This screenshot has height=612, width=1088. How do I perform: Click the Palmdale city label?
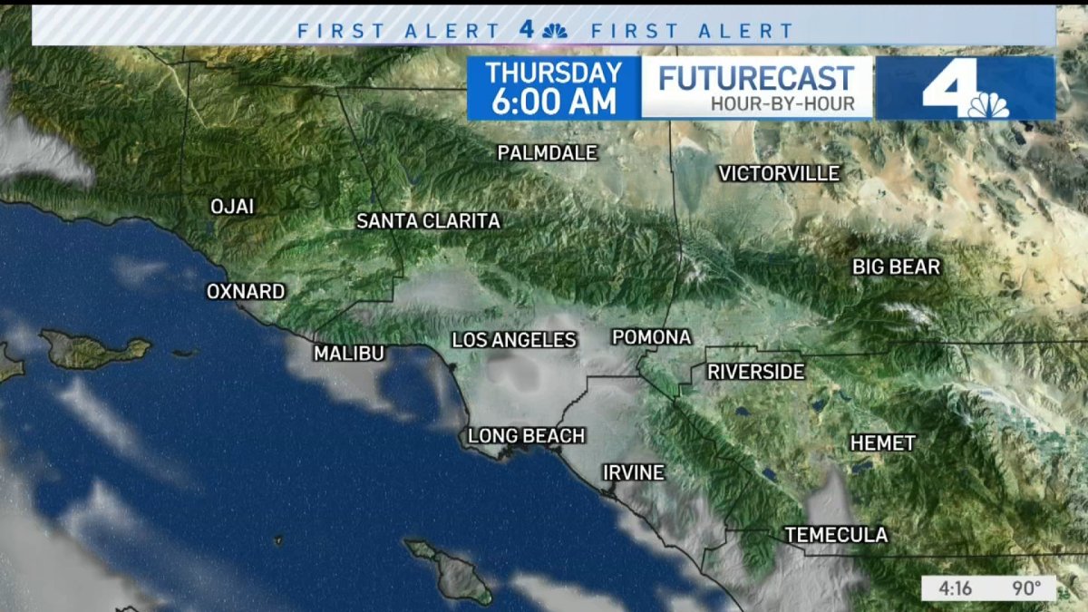coord(547,153)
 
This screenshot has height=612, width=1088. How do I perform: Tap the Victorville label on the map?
coord(779,173)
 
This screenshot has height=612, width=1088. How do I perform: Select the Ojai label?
coord(232,207)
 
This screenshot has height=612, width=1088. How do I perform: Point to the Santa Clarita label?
coord(428,221)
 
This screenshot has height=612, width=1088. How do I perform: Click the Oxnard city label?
coord(246,292)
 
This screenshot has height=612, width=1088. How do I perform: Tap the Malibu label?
coord(349,354)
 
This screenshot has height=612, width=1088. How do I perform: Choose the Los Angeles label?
coord(514,340)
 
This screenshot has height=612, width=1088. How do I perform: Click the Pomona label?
coord(651,337)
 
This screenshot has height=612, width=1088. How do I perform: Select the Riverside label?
coord(755,372)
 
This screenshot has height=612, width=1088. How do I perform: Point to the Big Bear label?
coord(896,267)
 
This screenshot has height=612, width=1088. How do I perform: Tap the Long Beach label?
coord(526,437)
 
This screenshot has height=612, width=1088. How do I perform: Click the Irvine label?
coord(634,473)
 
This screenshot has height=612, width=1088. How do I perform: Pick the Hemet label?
coord(882,443)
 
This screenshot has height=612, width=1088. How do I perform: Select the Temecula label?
coord(836,535)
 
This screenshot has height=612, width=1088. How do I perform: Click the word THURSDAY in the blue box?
coord(553,73)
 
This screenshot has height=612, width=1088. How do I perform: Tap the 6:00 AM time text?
coord(553,101)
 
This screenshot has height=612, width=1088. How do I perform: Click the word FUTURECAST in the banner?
coord(756,78)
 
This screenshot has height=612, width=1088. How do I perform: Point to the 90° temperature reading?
coord(1026,588)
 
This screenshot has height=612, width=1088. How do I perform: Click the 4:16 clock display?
coord(956,588)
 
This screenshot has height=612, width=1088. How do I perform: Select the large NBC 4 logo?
coord(966,89)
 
